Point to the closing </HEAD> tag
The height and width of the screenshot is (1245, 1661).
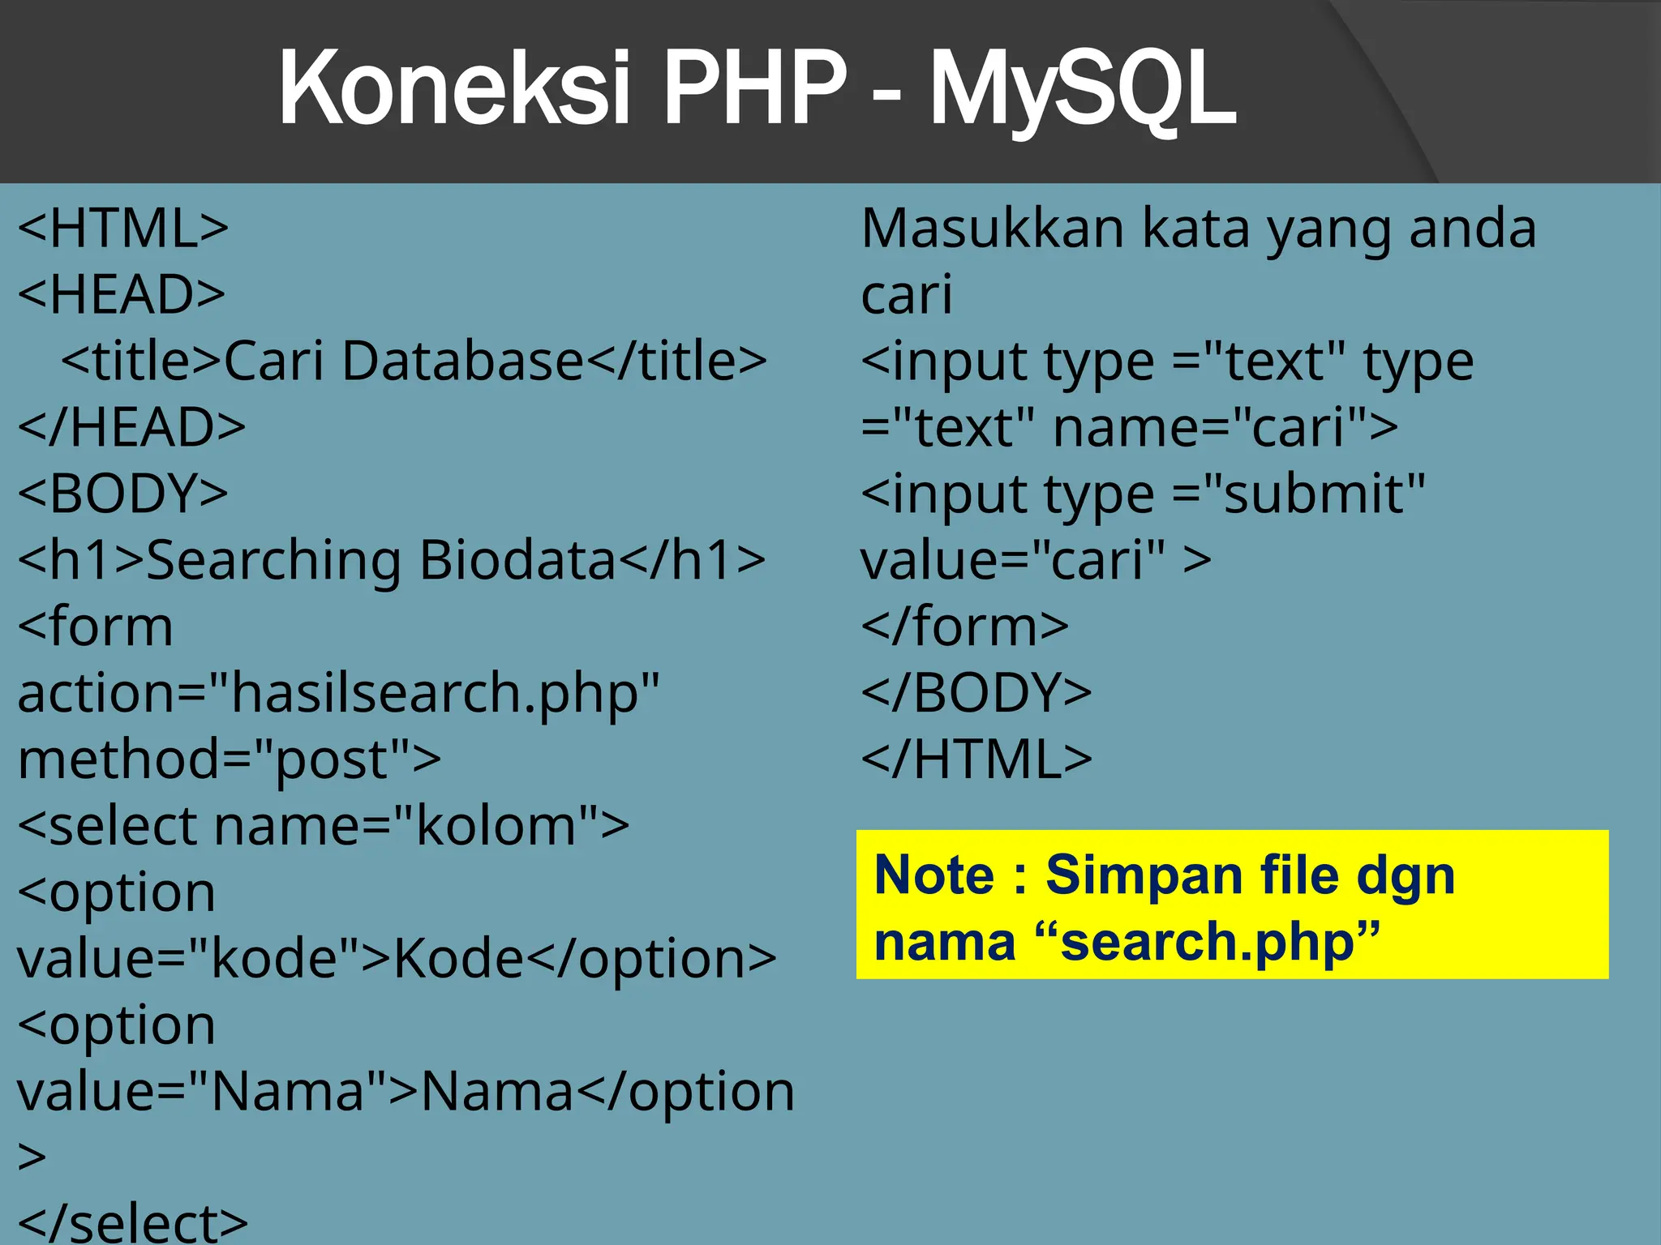click(131, 427)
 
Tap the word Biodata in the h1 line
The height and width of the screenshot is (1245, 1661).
click(517, 560)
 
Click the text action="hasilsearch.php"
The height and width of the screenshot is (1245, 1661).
click(338, 694)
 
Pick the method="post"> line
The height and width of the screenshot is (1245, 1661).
click(230, 759)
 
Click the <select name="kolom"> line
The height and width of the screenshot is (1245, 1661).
click(324, 826)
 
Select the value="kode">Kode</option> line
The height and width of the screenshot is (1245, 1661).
click(397, 959)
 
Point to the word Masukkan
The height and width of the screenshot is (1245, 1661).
click(992, 228)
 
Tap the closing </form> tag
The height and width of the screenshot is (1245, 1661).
click(964, 627)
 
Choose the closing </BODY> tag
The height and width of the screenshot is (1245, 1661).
click(976, 693)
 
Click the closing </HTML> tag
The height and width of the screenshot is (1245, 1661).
click(976, 759)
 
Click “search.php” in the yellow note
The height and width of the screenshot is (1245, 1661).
click(1208, 942)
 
